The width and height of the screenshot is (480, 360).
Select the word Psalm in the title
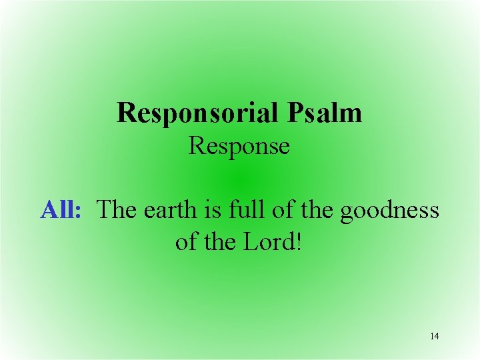326,113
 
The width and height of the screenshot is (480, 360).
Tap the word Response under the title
239,145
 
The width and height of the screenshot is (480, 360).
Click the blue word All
59,209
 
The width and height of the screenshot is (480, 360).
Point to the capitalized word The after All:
116,209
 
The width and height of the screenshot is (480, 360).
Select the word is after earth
201,209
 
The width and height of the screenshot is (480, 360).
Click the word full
229,209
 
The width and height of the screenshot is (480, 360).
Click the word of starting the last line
185,241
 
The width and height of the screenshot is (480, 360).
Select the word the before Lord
217,241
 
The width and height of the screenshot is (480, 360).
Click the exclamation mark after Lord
298,241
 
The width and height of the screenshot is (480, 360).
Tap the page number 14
435,336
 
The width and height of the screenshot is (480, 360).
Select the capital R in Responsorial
125,113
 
